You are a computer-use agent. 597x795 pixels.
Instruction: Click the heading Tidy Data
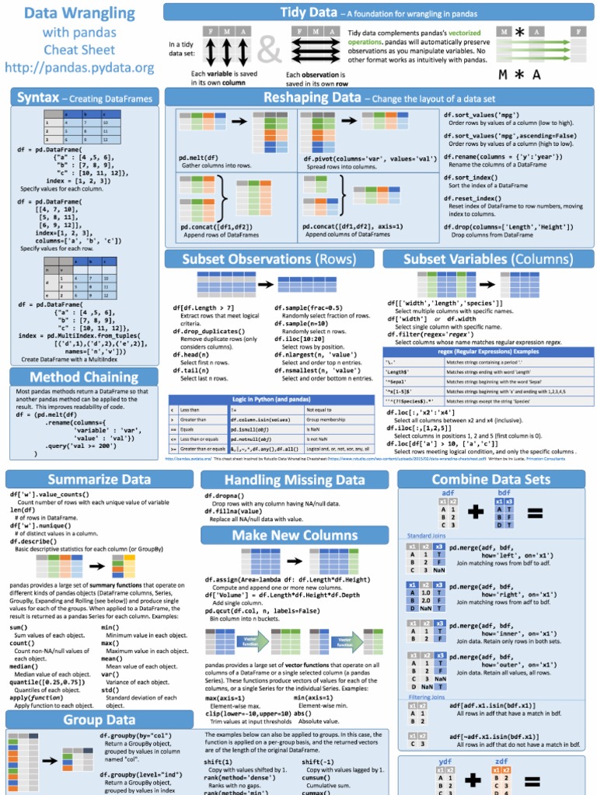pyautogui.click(x=308, y=12)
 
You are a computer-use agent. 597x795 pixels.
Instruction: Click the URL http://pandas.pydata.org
pyautogui.click(x=79, y=68)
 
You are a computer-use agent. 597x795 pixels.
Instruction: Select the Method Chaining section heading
pyautogui.click(x=74, y=377)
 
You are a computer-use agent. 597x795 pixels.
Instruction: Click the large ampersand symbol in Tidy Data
pyautogui.click(x=270, y=50)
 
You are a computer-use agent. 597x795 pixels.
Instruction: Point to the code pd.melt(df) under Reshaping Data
pyautogui.click(x=198, y=158)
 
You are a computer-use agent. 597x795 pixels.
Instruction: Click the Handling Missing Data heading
pyautogui.click(x=295, y=481)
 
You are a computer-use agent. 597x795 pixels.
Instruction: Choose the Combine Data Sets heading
pyautogui.click(x=491, y=480)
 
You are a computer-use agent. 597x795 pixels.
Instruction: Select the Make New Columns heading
pyautogui.click(x=295, y=536)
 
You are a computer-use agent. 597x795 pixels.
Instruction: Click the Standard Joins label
pyautogui.click(x=426, y=536)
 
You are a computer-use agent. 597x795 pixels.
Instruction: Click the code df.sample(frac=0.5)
pyautogui.click(x=313, y=307)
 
